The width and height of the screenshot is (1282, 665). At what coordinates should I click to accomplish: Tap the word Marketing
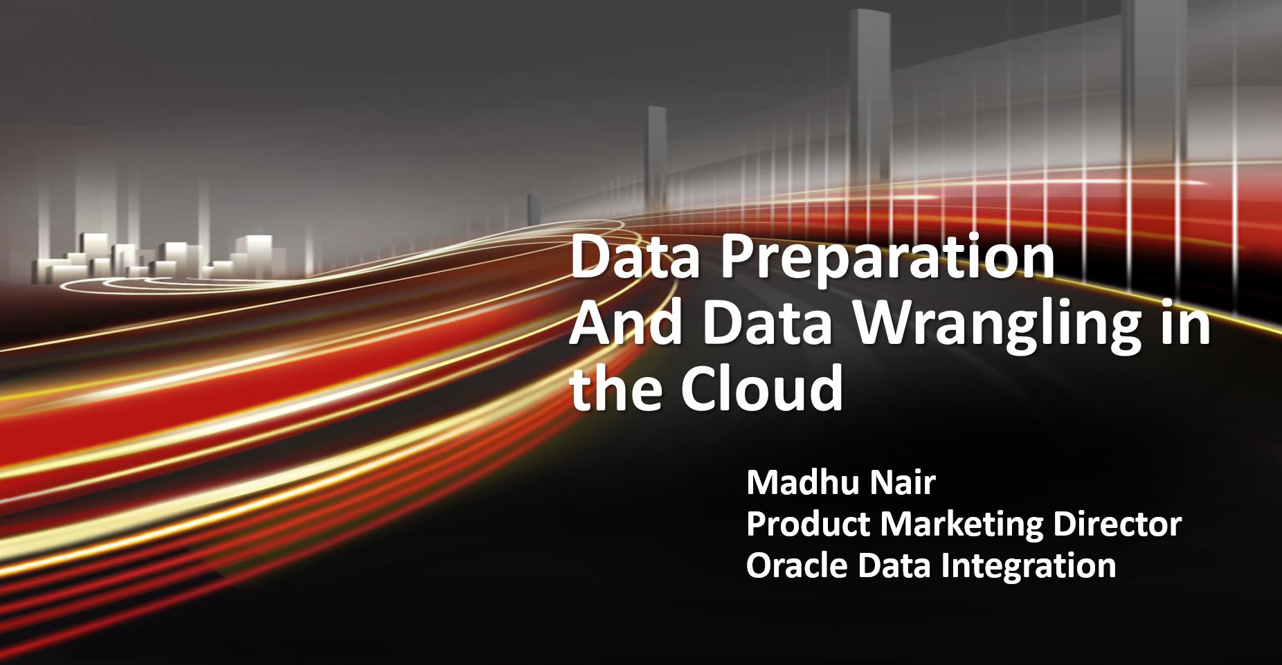click(x=960, y=526)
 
